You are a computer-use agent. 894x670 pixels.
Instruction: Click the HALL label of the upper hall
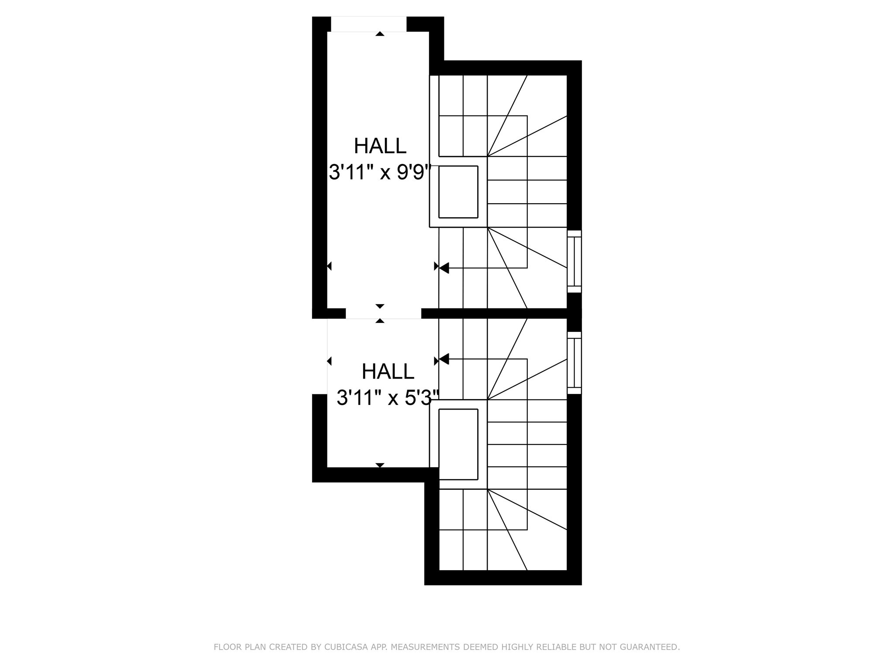point(380,146)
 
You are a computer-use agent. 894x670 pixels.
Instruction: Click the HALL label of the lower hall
point(388,372)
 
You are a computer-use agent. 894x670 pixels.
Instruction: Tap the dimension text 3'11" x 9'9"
point(380,172)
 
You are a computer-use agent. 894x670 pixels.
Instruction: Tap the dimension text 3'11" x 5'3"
point(388,398)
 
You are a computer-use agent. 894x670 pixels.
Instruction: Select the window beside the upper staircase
point(574,261)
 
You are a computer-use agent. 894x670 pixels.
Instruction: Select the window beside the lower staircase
point(574,363)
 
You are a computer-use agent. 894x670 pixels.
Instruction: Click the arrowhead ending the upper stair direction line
point(444,268)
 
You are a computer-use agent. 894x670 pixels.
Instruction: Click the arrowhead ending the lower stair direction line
point(444,359)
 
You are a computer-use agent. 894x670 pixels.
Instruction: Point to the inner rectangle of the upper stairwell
point(458,192)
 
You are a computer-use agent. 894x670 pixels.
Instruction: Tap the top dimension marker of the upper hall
point(380,34)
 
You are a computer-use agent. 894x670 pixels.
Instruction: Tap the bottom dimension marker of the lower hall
point(380,465)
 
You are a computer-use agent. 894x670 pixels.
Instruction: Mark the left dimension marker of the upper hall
point(329,266)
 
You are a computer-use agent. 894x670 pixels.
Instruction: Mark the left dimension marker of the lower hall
point(329,361)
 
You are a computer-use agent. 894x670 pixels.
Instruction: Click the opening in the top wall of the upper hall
point(369,24)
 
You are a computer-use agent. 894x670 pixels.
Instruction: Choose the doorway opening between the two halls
point(384,313)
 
